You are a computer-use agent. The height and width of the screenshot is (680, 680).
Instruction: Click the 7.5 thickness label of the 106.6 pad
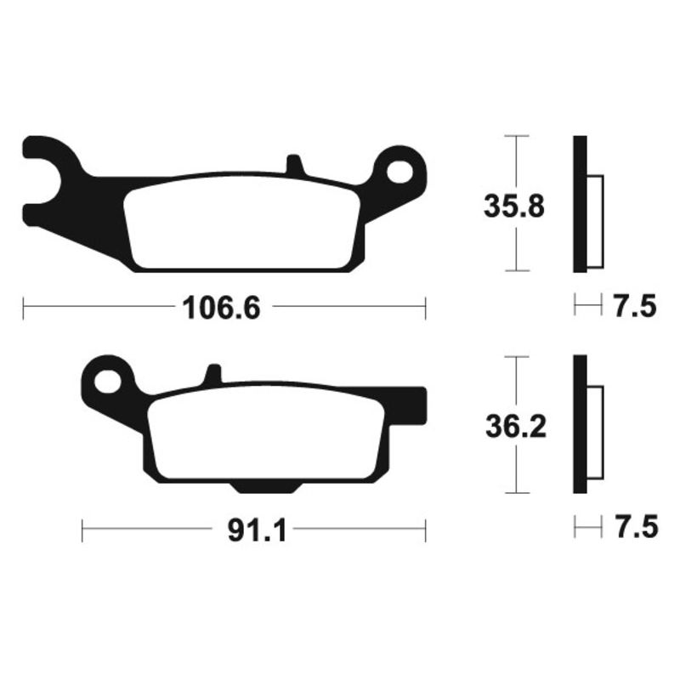tap(634, 306)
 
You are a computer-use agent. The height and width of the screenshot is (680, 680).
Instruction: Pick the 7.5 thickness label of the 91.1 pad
tap(634, 528)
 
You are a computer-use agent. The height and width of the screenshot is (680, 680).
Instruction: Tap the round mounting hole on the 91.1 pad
tap(107, 380)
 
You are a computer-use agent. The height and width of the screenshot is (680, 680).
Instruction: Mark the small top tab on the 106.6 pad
tap(292, 164)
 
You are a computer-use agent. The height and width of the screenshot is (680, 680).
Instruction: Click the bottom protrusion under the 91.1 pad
tap(264, 485)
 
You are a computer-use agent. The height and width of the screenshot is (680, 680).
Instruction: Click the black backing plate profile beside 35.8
tap(580, 204)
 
